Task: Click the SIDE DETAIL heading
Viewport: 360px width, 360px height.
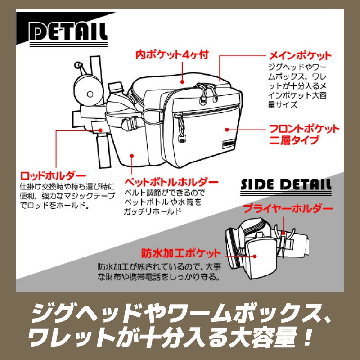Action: [286, 184]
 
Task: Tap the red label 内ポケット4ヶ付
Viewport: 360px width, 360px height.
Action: [173, 56]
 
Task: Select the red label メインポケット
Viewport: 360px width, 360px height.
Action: [300, 56]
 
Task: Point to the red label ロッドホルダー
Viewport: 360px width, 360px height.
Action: [53, 175]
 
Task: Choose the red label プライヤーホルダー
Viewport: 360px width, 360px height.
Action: [288, 209]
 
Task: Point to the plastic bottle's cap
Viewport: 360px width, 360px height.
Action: [116, 85]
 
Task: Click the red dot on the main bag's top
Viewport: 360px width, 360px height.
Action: [182, 82]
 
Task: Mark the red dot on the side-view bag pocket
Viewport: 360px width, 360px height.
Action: [255, 256]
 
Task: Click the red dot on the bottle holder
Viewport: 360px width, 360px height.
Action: [132, 156]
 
